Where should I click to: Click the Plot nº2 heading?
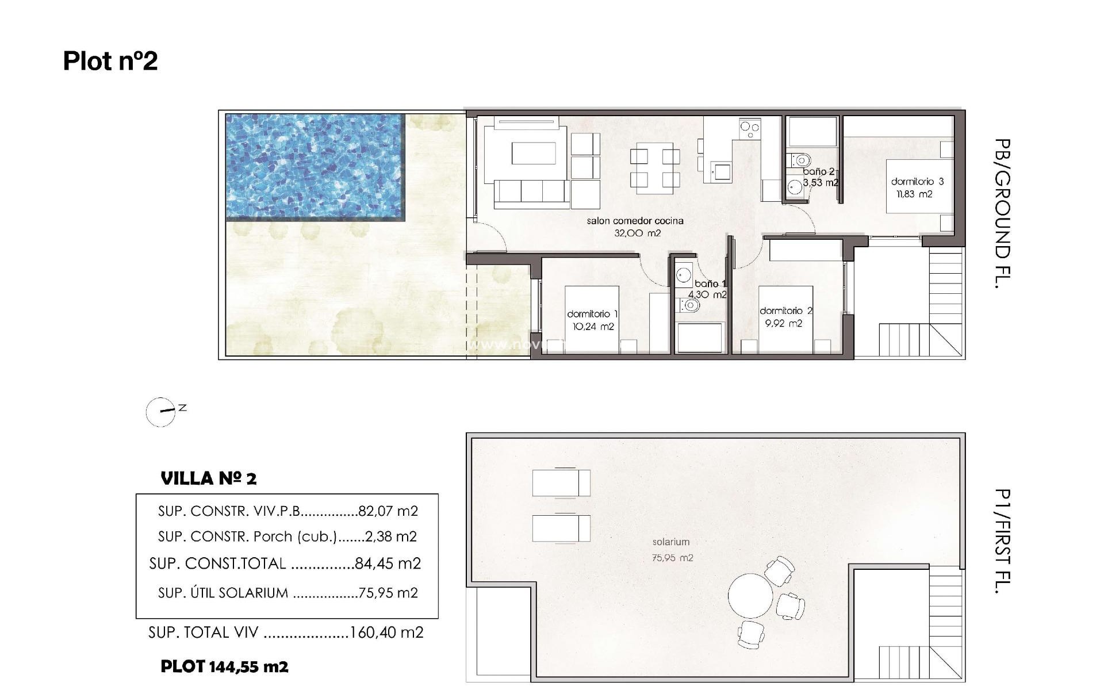(110, 61)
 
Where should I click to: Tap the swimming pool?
(315, 166)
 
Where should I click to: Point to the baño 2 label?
(818, 171)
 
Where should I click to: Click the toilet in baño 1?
(691, 306)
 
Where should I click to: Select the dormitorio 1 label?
(592, 314)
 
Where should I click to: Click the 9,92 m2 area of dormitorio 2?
(783, 324)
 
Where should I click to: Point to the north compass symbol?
(162, 412)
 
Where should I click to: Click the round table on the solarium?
(750, 596)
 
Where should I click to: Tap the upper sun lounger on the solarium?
(561, 483)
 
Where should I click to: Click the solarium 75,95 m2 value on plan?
(672, 558)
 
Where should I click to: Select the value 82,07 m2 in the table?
(388, 511)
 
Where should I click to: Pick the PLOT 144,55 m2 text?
(224, 667)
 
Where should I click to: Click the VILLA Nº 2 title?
(209, 478)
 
